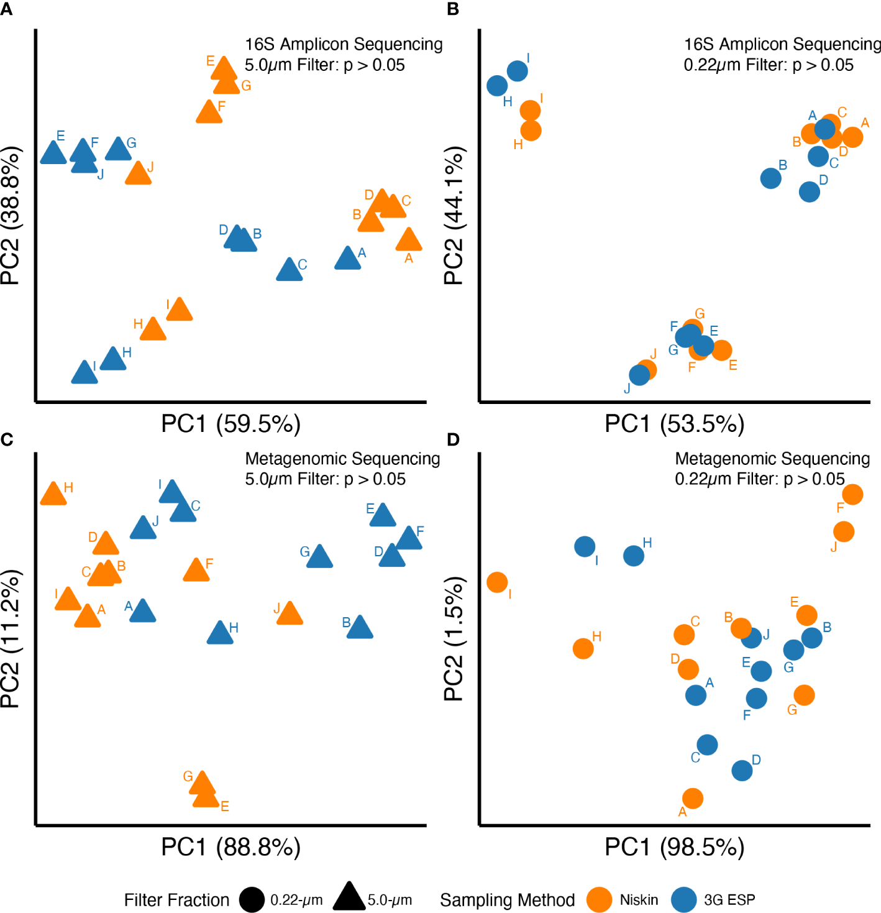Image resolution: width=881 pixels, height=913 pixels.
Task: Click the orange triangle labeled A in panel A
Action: coord(409,241)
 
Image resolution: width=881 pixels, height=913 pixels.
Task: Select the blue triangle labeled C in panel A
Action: coord(290,270)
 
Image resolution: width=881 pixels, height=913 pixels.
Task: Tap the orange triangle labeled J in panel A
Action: coord(138,174)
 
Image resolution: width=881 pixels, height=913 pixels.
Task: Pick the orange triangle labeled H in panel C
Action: coord(53,495)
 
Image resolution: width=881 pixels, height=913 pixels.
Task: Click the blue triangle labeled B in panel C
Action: coord(360,628)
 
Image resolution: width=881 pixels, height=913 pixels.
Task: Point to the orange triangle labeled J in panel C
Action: coord(289,614)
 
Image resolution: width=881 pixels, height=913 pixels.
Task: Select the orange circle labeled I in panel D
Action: coord(497,582)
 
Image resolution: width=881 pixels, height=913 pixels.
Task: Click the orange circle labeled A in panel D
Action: coord(693,798)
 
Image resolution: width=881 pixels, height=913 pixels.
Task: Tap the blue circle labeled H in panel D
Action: coord(633,556)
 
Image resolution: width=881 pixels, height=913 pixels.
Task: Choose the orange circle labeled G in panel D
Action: coord(804,695)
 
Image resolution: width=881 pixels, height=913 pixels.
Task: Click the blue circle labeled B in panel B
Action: coord(770,178)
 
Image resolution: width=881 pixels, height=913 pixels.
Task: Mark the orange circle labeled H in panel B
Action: coord(531,131)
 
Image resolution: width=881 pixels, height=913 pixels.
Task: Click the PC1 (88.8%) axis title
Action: coord(231,846)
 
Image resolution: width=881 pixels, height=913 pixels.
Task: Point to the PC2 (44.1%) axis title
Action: coord(454,216)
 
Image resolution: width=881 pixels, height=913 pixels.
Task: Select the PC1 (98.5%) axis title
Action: coord(675,846)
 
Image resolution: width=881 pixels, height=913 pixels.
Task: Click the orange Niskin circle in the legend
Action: coord(600,899)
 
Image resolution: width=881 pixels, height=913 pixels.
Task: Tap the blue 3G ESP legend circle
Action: coord(684,899)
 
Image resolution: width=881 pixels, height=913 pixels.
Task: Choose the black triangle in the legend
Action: coord(349,897)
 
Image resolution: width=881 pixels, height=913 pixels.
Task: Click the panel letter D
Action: coord(453,440)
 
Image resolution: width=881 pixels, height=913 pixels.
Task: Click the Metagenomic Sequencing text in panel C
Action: coord(342,459)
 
